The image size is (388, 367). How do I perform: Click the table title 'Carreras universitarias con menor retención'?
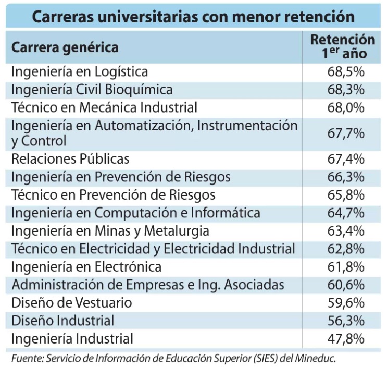click(x=194, y=15)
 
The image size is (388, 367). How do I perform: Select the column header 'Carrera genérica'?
click(x=65, y=47)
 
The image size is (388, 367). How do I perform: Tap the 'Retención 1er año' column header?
click(x=343, y=46)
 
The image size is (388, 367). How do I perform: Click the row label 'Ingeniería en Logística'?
click(x=80, y=71)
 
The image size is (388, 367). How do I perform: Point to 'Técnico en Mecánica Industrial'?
click(x=104, y=107)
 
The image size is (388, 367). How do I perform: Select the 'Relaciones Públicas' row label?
click(x=70, y=157)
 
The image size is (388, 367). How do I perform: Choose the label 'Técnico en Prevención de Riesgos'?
click(x=114, y=194)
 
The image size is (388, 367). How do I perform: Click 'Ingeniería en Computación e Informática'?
click(x=136, y=213)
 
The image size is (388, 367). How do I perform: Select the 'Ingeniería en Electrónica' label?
click(x=86, y=266)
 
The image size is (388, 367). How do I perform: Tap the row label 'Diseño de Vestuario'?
click(x=72, y=302)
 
